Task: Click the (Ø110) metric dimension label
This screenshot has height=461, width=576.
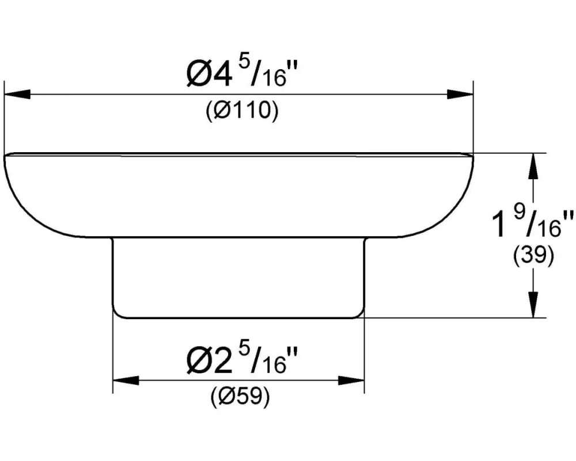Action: click(x=242, y=109)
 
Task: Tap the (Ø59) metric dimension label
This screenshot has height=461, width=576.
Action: click(x=241, y=396)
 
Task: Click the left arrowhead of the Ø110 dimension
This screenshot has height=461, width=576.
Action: click(x=17, y=94)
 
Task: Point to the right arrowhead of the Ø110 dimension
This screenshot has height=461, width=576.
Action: click(x=460, y=94)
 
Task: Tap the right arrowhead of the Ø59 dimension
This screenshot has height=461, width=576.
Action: click(x=351, y=380)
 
